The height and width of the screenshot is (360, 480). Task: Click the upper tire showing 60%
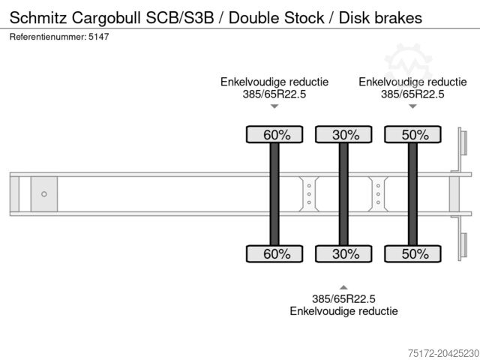point(274,135)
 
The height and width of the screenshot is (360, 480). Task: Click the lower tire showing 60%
point(274,253)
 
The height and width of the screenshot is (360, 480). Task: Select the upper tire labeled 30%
point(343,135)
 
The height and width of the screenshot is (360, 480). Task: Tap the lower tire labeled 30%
point(343,253)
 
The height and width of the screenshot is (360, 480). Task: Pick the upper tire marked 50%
point(412,135)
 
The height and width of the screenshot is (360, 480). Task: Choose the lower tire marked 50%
point(412,253)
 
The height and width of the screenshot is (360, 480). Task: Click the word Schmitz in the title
point(37,16)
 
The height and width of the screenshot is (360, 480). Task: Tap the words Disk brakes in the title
point(382,16)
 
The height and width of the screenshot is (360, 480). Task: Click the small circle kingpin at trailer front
point(44,194)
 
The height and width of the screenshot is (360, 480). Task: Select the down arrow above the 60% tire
point(274,107)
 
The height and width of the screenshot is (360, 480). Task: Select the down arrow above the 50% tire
point(412,107)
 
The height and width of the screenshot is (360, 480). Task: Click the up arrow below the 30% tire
point(343,286)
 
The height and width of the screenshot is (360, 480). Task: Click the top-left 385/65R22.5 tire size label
point(274,94)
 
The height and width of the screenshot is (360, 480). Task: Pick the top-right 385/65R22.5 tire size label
point(412,94)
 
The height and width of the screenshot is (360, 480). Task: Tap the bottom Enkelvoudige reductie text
point(343,310)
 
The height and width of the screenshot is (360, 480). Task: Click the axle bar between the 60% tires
point(274,194)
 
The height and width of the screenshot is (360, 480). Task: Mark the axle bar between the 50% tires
point(412,194)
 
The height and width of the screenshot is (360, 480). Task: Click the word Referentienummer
point(46,37)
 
